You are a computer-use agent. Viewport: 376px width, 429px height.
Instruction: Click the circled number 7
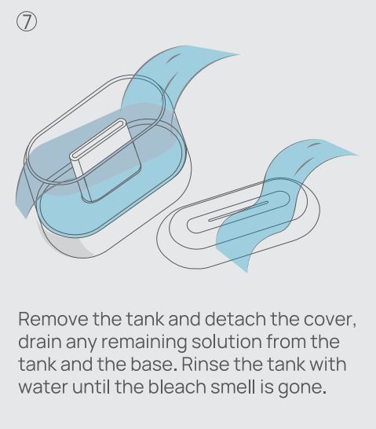point(26,22)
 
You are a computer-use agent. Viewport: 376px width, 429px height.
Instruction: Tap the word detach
point(235,319)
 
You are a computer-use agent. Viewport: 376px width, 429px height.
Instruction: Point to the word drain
point(39,342)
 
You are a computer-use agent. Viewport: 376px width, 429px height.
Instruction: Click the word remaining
point(144,343)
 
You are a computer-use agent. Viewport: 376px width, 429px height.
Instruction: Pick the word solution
point(228,342)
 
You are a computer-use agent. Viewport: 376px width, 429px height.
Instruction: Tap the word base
point(155,364)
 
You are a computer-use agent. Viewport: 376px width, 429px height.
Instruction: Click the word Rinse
point(206,364)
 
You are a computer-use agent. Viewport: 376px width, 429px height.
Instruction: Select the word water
point(43,387)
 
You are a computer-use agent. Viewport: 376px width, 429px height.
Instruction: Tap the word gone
point(302,388)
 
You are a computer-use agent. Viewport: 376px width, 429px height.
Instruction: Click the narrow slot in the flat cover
point(238,211)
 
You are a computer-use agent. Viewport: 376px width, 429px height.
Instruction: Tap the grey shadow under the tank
point(67,244)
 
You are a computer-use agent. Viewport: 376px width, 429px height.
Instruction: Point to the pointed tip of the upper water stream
point(239,55)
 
